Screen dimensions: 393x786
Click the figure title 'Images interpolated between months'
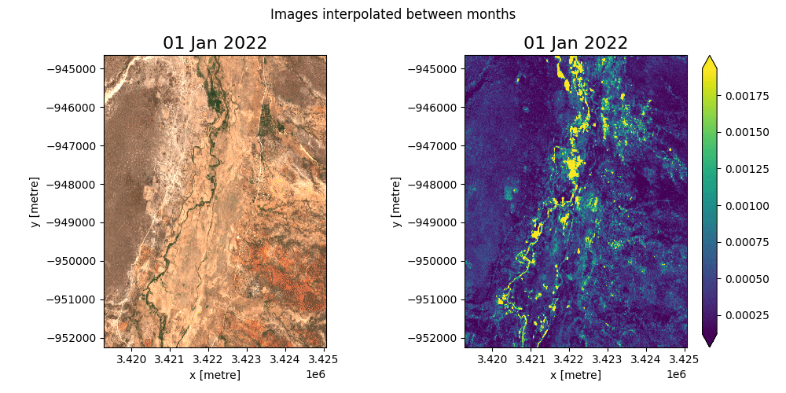[392, 14]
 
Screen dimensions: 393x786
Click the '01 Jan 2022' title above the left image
[215, 43]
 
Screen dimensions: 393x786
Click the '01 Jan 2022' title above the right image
[575, 43]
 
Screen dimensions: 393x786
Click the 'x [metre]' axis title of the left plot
[215, 375]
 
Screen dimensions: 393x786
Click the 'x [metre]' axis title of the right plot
[575, 375]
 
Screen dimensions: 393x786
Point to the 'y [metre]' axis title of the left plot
[35, 201]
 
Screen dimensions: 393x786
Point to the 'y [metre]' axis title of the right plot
[396, 201]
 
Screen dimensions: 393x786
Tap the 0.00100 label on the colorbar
[743, 206]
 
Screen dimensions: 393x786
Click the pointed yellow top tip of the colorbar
[709, 57]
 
